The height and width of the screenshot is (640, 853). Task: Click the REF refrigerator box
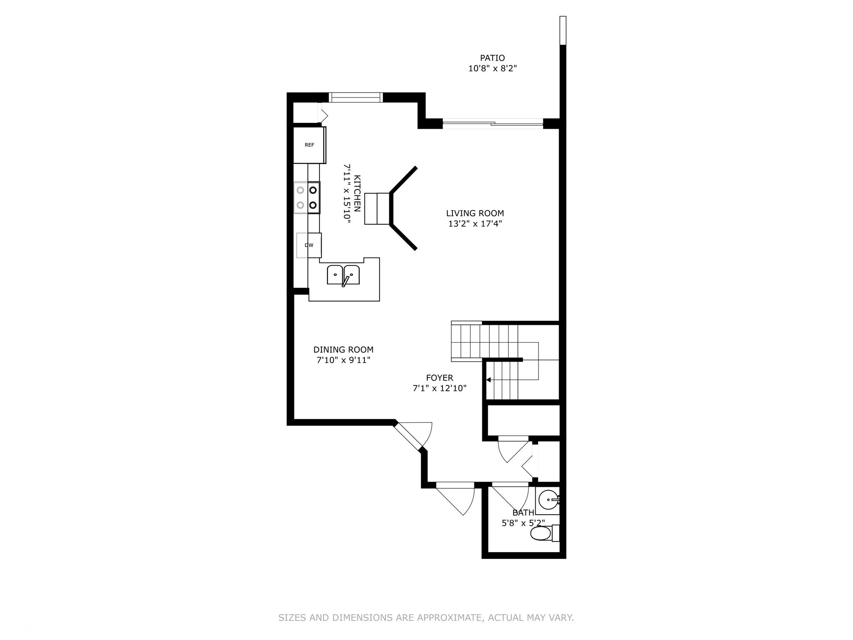309,145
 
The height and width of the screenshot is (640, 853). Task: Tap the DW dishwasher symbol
309,245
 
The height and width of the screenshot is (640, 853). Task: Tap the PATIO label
492,58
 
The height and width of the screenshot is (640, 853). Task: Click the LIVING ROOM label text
475,213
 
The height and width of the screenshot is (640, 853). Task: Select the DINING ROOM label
343,350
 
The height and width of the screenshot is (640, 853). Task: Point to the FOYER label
439,378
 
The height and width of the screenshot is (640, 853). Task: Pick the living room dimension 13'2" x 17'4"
475,224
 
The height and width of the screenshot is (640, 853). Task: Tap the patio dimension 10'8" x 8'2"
492,68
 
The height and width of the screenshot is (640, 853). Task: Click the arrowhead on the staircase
489,380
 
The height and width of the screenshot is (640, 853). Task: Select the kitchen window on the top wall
355,97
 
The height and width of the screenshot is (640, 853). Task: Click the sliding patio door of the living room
493,123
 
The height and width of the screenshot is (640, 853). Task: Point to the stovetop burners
307,198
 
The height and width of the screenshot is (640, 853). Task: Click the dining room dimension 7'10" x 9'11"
343,360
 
